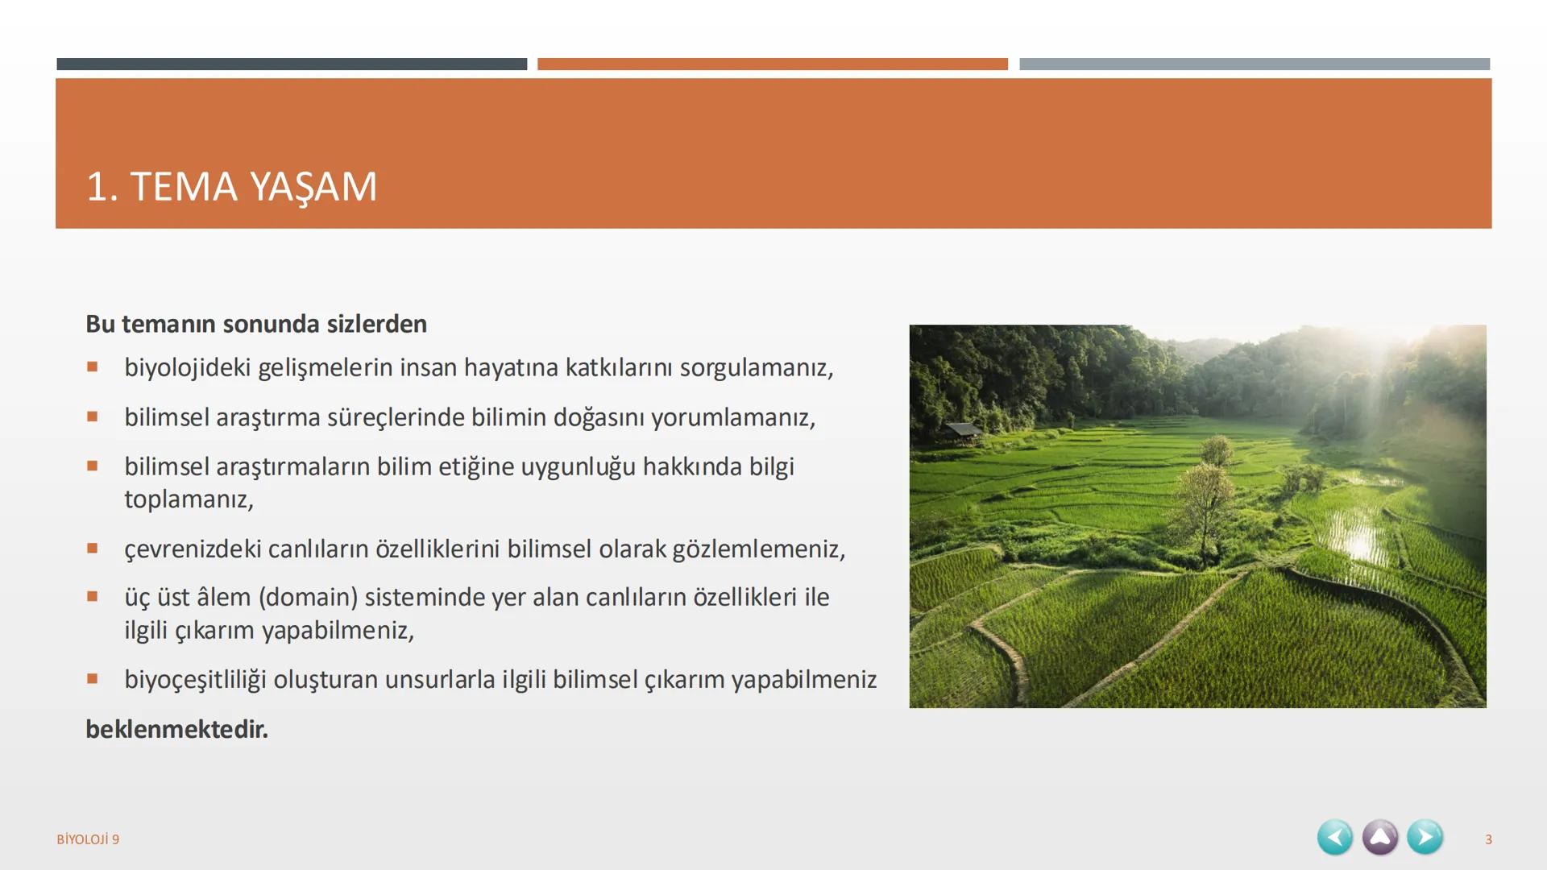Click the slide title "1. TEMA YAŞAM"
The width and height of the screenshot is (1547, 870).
pos(231,187)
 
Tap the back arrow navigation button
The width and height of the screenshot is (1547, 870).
pos(1334,837)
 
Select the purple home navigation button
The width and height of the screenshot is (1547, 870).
pos(1379,837)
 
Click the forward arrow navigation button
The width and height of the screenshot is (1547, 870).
pos(1425,837)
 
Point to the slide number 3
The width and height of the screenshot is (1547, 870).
pos(1488,839)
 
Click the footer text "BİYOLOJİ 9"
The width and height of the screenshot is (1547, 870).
pos(88,839)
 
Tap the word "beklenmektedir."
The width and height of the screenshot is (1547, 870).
pos(176,729)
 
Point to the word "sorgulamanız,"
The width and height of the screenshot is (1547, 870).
pos(756,367)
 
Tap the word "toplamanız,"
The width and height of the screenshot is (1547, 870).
pos(189,499)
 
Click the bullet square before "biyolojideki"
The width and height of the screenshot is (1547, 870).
pos(93,367)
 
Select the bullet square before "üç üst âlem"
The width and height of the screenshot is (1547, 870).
pos(93,597)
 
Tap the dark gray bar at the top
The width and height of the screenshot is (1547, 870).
pos(292,64)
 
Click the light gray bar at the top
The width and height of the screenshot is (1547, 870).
pos(1254,64)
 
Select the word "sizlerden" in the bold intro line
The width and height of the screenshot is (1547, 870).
pos(376,324)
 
